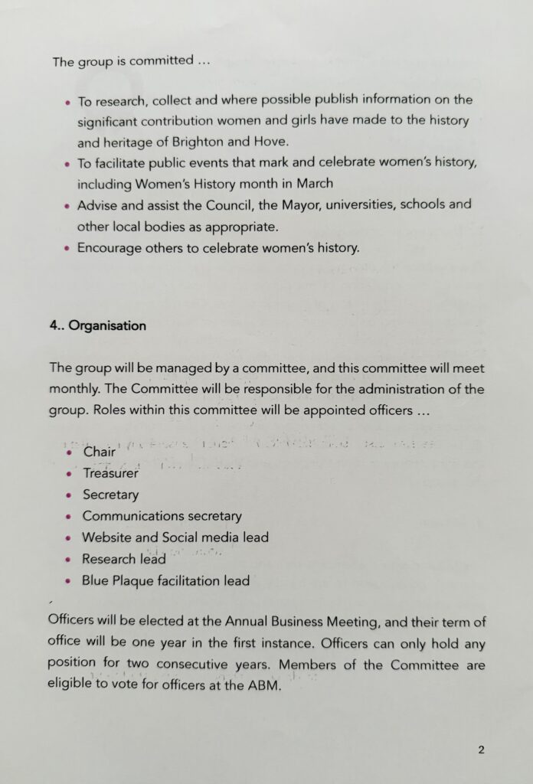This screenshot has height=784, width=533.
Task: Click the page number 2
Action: (x=481, y=750)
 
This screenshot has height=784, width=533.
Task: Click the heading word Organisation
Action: (x=106, y=325)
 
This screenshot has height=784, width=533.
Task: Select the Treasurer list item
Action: (x=110, y=473)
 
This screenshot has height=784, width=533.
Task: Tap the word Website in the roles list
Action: (x=108, y=537)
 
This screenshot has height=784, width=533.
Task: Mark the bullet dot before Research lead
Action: (x=67, y=560)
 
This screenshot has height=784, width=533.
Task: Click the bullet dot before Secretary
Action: (x=67, y=495)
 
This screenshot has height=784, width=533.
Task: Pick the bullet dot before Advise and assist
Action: (x=67, y=206)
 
